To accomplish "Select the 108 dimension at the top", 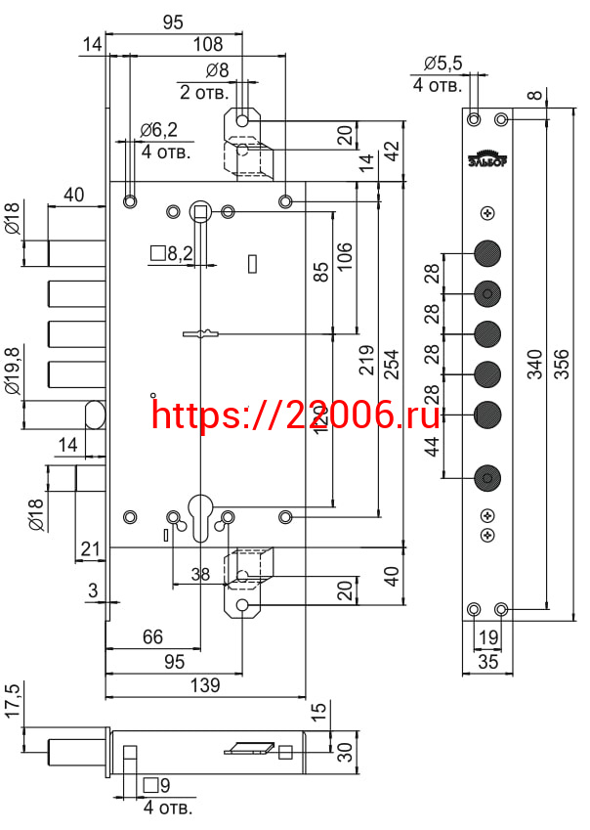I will click(208, 44).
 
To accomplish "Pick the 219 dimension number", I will click(366, 360).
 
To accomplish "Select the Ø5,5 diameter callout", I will click(442, 64).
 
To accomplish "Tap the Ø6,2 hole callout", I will click(158, 129).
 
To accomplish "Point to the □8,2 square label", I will click(171, 254).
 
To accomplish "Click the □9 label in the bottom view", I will click(157, 786).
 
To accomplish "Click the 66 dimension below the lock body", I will click(152, 636).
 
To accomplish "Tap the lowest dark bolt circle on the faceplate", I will click(486, 478).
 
